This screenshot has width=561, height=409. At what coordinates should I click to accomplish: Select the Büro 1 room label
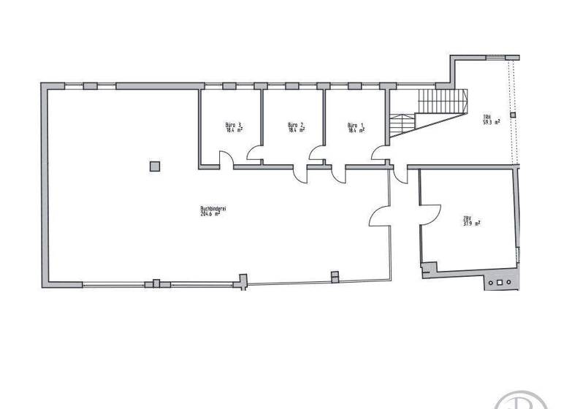(x=356, y=125)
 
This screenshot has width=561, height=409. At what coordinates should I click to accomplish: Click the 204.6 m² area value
(x=214, y=214)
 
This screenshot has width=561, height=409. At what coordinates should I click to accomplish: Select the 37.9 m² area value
(x=471, y=224)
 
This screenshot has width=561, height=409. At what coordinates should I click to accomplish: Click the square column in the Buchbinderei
(x=154, y=166)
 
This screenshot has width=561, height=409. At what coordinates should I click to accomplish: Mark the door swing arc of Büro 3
(x=226, y=158)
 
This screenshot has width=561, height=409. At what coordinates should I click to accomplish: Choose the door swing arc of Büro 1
(x=317, y=152)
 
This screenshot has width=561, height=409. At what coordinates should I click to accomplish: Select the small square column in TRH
(x=513, y=115)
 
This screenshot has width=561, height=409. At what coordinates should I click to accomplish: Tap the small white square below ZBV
(x=500, y=282)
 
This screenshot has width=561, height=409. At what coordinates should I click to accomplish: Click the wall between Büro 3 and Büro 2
(x=262, y=124)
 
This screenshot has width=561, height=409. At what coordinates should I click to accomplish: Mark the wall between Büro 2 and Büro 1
(x=324, y=124)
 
